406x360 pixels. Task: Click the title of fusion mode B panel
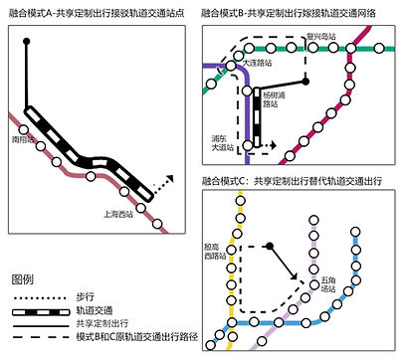(299, 14)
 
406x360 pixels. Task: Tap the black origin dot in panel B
(306, 81)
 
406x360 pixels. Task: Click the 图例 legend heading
(23, 278)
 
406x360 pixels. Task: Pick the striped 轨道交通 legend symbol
(37, 310)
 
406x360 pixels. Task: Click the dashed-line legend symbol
(37, 338)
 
